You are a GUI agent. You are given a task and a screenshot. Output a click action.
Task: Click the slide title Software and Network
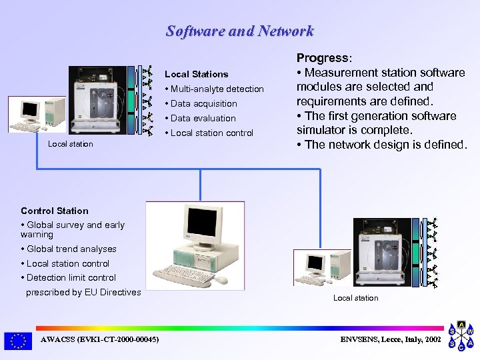(239, 31)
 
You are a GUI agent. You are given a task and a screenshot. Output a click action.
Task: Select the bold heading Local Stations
(196, 74)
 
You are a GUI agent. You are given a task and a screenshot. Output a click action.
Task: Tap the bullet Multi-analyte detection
(217, 89)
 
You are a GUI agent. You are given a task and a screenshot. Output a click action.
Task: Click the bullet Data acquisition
(203, 103)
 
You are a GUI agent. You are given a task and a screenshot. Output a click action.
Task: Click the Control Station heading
(55, 211)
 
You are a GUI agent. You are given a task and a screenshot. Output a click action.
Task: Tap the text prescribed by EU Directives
(83, 292)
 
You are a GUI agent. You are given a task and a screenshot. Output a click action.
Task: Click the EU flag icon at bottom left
(18, 341)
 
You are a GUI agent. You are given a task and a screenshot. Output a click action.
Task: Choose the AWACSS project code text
(100, 340)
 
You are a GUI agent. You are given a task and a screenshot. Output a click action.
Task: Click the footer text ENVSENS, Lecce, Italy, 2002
(390, 340)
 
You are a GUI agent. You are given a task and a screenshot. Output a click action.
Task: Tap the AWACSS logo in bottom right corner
(461, 336)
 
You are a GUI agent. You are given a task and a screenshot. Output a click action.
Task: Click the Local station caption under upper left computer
(71, 144)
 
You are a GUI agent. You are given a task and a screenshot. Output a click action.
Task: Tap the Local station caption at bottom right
(355, 298)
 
